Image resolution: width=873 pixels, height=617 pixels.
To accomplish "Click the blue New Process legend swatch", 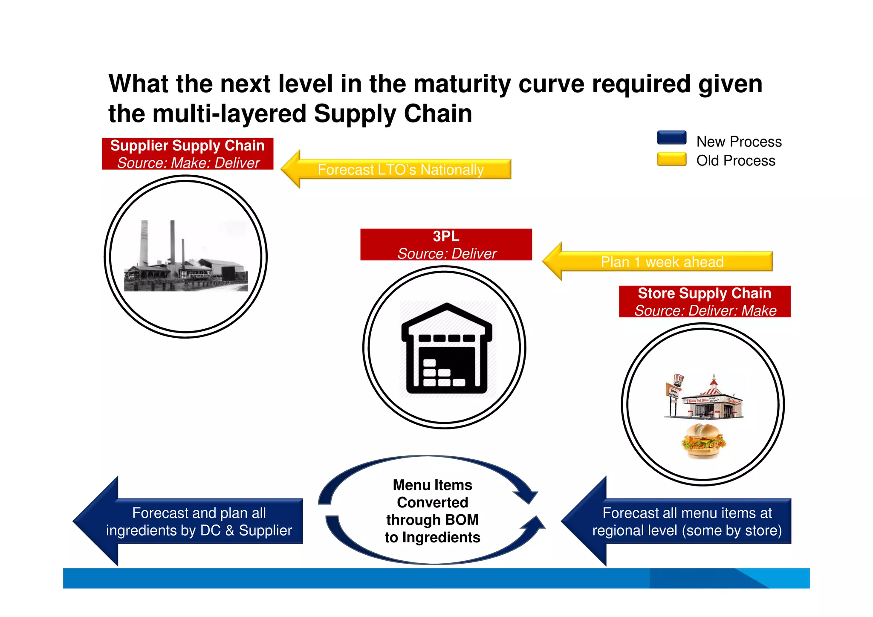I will (x=671, y=138).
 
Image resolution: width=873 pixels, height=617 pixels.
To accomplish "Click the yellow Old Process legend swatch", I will (x=671, y=159).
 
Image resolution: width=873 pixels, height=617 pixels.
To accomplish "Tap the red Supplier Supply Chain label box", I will (x=188, y=154).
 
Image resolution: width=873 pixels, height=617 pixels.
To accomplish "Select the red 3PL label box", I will (x=446, y=244).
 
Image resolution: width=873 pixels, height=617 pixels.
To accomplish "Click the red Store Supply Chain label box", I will (x=704, y=301).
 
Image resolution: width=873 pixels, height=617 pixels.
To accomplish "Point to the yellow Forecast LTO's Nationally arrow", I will (x=396, y=169).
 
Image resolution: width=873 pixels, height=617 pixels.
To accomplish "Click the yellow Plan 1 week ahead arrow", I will (x=659, y=261).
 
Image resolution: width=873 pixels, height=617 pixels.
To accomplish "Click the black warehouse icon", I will (x=446, y=349).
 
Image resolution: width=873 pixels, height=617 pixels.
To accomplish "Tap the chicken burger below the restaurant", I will (x=703, y=441).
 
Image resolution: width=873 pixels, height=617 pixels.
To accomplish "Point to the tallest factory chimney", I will (x=145, y=243).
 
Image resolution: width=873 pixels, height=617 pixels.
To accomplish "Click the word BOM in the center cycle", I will (x=462, y=520).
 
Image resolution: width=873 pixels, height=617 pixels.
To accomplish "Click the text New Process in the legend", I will (x=739, y=142).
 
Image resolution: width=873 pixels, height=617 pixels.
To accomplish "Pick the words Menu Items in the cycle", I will (x=432, y=485).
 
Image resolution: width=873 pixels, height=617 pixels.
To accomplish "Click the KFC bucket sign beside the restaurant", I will (x=678, y=380).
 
